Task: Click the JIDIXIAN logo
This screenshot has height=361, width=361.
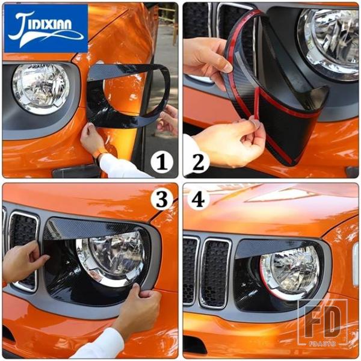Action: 46,28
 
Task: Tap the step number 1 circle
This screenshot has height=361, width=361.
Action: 162,162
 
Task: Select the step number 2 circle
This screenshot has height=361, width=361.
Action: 198,162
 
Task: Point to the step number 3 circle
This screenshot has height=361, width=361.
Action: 162,199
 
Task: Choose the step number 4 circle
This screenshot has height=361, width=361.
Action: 198,199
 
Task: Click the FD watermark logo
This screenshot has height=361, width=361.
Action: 322,322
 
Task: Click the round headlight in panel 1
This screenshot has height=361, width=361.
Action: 41,89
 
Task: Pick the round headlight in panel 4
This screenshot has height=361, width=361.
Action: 290,272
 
